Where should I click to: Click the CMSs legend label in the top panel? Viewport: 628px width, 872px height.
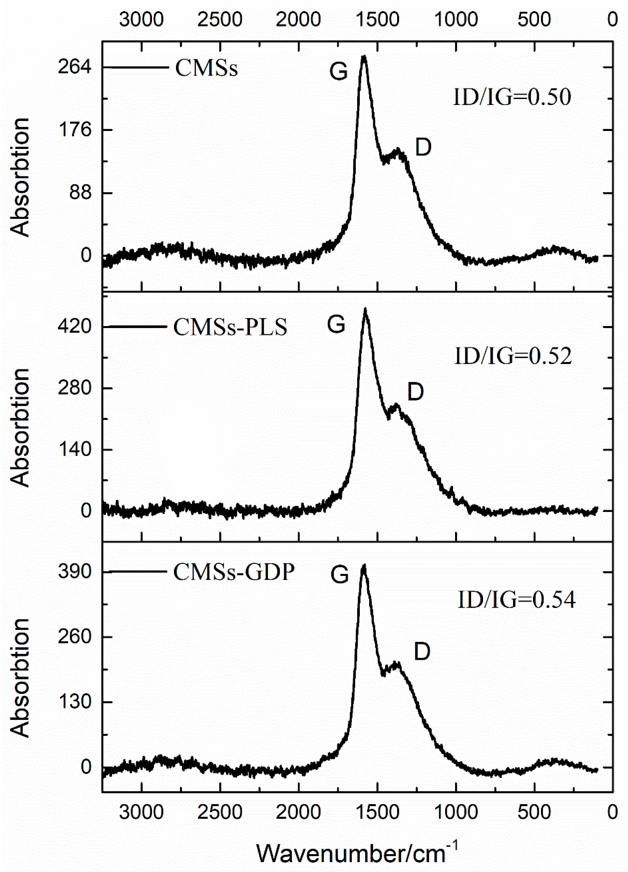tap(206, 68)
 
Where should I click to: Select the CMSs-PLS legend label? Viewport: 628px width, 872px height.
tap(230, 328)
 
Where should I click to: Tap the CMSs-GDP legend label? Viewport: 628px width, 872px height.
tap(234, 572)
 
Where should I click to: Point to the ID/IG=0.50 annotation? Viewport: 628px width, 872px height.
tap(512, 97)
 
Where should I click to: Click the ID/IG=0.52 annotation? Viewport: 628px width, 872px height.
tap(513, 356)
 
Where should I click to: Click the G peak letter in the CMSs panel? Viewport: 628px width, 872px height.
tap(338, 72)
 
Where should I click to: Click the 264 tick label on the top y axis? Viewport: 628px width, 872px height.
tap(75, 67)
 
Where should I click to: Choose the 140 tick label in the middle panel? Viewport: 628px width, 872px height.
tap(75, 449)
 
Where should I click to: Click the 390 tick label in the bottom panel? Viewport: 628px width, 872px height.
tap(75, 572)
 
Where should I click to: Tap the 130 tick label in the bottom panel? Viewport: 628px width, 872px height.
tap(75, 702)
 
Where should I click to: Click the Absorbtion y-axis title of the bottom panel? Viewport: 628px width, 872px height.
tap(20, 678)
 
